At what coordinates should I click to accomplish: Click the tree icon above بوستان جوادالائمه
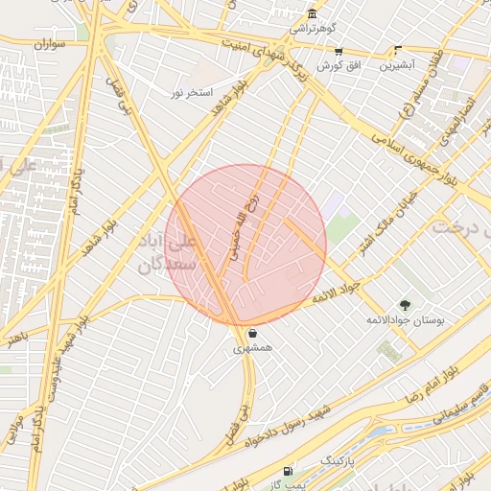pos(405,306)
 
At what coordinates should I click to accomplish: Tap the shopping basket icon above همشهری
pos(251,335)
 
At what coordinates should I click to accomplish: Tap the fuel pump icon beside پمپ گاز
pos(288,472)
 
